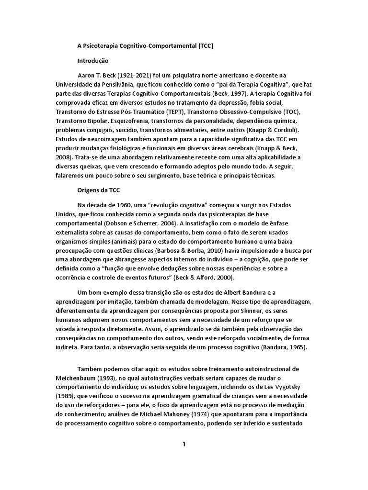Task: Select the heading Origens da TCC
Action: tap(99, 189)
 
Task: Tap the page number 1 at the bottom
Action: tap(184, 444)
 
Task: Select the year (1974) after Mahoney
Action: tap(169, 414)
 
